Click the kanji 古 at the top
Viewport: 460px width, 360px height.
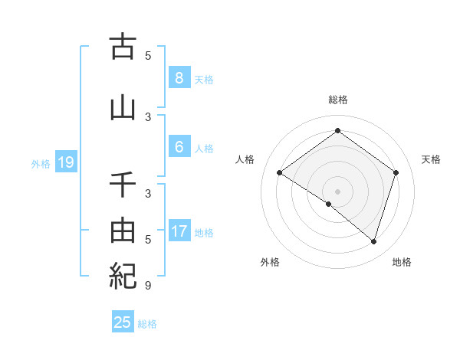(x=123, y=47)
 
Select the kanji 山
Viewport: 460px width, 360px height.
(x=123, y=109)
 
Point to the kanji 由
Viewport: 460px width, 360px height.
(x=123, y=231)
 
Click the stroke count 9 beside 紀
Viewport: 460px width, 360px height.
(x=148, y=286)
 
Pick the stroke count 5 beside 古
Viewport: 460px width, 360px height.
(x=148, y=55)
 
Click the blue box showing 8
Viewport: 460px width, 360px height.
(x=179, y=77)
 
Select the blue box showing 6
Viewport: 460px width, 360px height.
(x=179, y=147)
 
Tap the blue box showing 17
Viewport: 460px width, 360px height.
(x=179, y=231)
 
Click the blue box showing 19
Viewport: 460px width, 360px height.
(x=65, y=162)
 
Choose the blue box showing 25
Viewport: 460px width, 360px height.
(x=123, y=322)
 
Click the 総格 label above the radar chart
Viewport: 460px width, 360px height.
(x=337, y=100)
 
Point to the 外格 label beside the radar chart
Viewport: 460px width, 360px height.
(x=270, y=262)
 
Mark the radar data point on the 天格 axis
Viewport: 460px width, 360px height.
(x=396, y=172)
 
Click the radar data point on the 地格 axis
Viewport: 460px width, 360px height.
(x=373, y=241)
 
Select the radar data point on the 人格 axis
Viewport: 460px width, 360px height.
(x=279, y=172)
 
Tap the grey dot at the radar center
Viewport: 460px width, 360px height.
(x=337, y=191)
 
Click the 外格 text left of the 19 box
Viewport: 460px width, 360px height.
(x=40, y=163)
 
